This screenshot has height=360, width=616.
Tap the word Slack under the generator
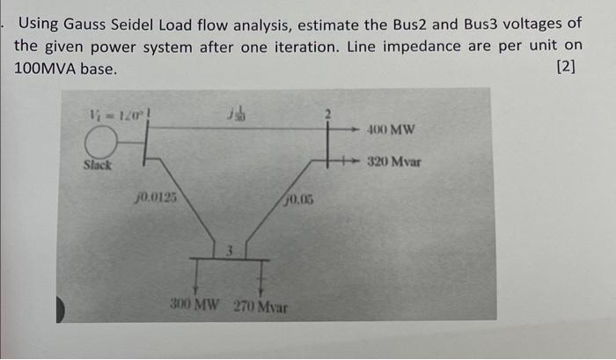coord(98,165)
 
